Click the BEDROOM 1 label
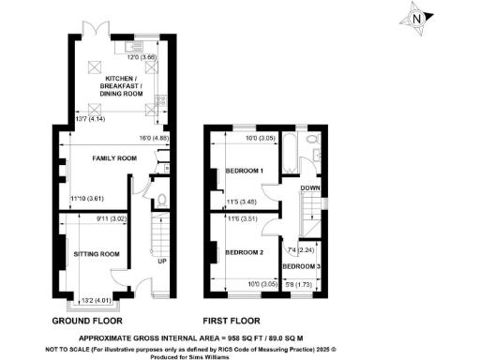(244, 171)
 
